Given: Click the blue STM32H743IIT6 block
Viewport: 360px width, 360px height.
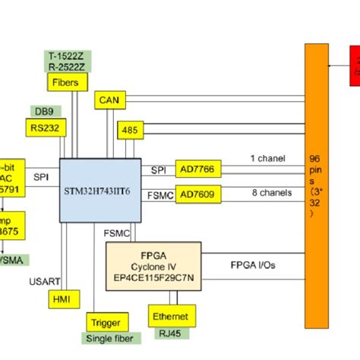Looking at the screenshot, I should (100, 190).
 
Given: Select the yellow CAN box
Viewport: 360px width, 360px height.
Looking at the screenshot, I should (111, 99).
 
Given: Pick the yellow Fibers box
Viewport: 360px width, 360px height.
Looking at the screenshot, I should (71, 81).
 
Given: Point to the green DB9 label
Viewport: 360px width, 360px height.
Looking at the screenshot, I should (41, 111).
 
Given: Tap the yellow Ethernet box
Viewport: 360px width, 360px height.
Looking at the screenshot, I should (171, 315).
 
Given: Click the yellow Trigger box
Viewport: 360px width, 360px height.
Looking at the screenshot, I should (104, 321).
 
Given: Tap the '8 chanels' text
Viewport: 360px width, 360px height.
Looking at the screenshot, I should (271, 193).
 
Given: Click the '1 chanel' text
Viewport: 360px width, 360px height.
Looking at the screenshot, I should (267, 159).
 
